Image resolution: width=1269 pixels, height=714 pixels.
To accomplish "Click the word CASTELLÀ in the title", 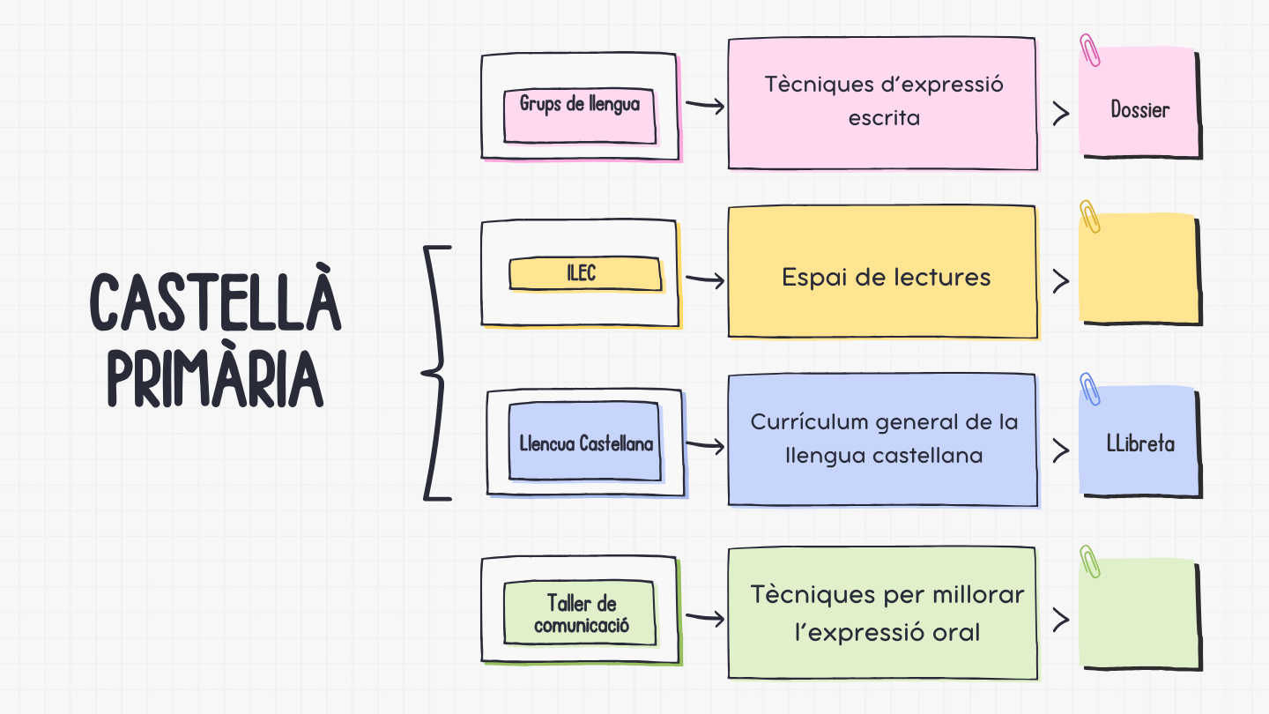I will tap(215, 302).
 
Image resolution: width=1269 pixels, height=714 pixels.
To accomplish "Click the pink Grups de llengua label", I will tap(579, 104).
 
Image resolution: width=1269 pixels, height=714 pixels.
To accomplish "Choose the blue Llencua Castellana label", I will tap(586, 443).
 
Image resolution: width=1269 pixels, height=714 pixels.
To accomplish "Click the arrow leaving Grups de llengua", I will tap(705, 106).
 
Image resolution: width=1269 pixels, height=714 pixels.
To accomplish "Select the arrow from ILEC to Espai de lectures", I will tap(705, 280).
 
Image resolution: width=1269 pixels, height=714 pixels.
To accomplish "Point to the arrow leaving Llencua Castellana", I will tap(705, 447).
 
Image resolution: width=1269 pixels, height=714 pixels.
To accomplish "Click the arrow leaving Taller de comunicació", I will tap(705, 619).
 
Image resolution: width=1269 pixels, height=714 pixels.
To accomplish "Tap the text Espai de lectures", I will tap(886, 278).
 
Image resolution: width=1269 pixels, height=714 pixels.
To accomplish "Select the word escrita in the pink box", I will tap(883, 118).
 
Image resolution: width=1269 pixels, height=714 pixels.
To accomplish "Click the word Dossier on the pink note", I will tap(1139, 110).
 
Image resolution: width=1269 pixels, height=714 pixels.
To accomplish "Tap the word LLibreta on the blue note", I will tap(1140, 443).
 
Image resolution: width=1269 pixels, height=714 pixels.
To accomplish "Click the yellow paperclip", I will tap(1090, 217).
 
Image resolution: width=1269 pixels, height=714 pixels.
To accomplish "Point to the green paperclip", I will tap(1090, 562).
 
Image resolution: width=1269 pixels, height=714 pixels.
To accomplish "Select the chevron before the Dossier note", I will tap(1061, 113).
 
